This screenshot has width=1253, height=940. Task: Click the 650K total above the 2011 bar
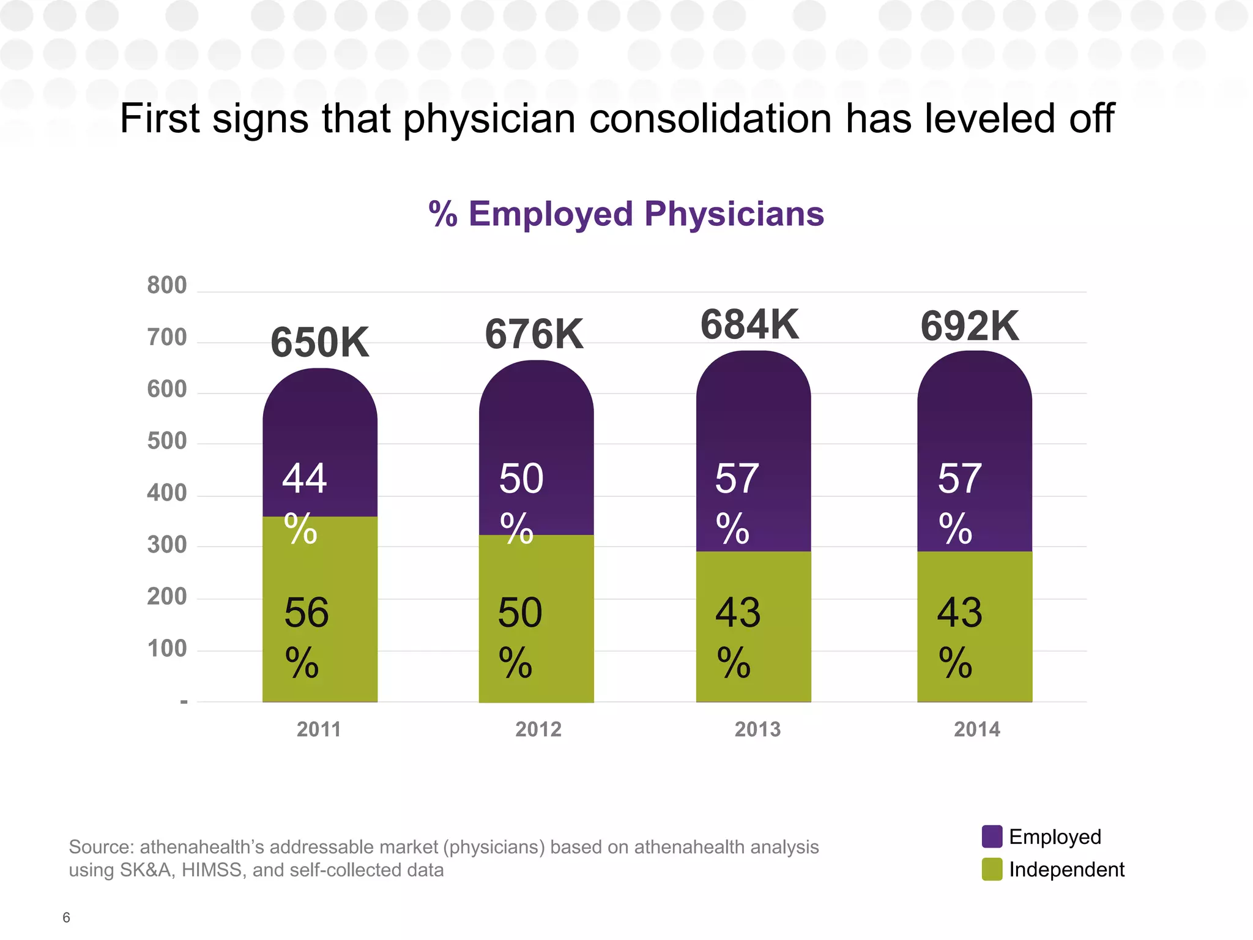(x=320, y=343)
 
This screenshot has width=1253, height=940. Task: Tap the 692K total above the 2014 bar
(x=970, y=327)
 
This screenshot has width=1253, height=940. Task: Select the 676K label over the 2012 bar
(x=534, y=335)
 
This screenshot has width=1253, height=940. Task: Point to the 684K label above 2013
(x=749, y=324)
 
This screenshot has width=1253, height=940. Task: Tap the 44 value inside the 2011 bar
(x=304, y=479)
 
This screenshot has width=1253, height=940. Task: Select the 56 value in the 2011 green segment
(x=306, y=613)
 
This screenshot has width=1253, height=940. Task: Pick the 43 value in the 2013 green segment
(x=738, y=613)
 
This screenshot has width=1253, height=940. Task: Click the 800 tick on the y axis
(x=166, y=286)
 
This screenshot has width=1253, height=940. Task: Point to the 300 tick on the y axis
(x=166, y=545)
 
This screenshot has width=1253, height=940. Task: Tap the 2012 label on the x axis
(x=538, y=729)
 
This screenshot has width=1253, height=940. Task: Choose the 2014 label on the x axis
(x=977, y=729)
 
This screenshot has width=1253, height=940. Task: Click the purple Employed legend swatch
(x=992, y=837)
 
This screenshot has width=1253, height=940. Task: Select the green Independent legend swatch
(x=992, y=869)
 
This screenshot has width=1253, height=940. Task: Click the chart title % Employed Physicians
(x=626, y=214)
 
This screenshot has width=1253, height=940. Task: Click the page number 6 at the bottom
(x=66, y=917)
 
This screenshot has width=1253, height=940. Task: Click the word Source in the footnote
(x=100, y=847)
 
